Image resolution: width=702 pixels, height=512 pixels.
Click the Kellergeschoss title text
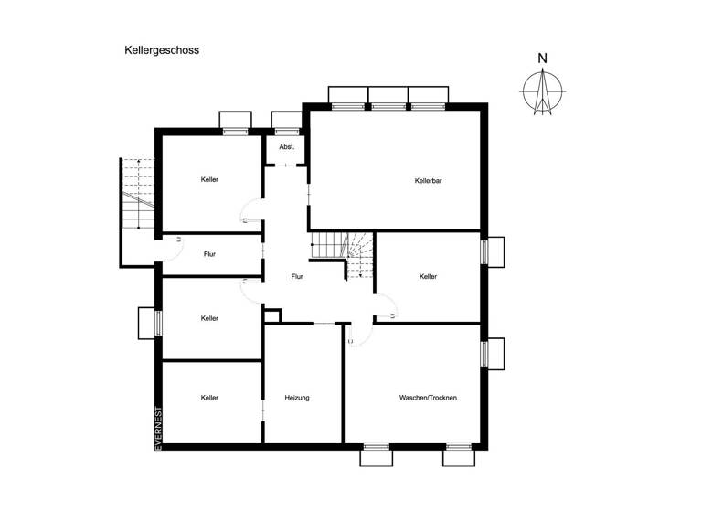tap(162, 51)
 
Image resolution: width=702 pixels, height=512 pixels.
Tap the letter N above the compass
tap(542, 59)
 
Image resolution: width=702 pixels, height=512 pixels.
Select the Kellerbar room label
tap(428, 181)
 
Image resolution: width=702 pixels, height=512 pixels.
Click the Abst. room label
tap(286, 147)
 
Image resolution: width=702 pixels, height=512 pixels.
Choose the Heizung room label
tap(297, 398)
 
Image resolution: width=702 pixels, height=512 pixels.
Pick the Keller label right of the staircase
tap(429, 276)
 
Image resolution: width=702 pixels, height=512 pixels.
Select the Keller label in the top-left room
tap(210, 179)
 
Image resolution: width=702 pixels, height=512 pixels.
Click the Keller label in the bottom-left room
tap(210, 398)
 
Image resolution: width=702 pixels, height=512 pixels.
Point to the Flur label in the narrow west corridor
tap(210, 253)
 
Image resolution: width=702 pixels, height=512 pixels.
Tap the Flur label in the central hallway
tap(297, 276)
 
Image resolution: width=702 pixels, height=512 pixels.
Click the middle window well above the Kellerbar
tap(388, 97)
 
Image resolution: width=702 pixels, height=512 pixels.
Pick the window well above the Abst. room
tap(286, 122)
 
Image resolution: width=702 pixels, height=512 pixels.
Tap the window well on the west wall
tap(147, 323)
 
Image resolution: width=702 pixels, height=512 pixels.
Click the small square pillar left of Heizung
tap(271, 315)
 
